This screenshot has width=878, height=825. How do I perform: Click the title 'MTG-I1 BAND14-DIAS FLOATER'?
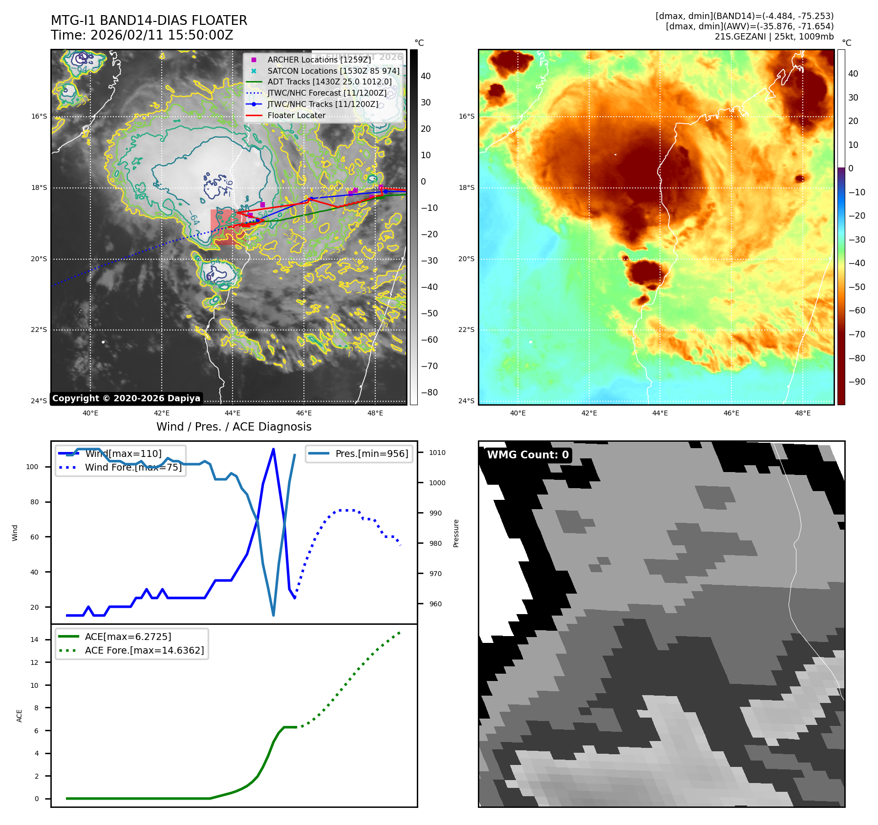pyautogui.click(x=149, y=21)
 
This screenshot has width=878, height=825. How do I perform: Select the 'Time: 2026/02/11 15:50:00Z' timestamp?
pyautogui.click(x=142, y=35)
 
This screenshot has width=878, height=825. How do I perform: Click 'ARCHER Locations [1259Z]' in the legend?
pyautogui.click(x=319, y=60)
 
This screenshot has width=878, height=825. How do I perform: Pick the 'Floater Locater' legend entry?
pyautogui.click(x=296, y=116)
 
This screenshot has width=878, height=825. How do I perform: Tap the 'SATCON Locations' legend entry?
pyautogui.click(x=333, y=71)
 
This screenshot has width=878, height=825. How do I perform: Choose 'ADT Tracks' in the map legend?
pyautogui.click(x=329, y=82)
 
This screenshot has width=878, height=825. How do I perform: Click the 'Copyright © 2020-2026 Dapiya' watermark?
pyautogui.click(x=126, y=398)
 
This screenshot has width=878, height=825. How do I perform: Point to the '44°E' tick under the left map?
pyautogui.click(x=233, y=413)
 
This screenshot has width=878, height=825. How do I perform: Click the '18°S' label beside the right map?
pyautogui.click(x=466, y=187)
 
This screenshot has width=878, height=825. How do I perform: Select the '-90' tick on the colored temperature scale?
pyautogui.click(x=857, y=382)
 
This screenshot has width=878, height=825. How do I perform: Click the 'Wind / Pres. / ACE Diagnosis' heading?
pyautogui.click(x=234, y=427)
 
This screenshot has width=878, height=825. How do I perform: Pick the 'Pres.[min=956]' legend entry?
pyautogui.click(x=371, y=454)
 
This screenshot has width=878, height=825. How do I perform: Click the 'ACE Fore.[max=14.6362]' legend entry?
pyautogui.click(x=144, y=650)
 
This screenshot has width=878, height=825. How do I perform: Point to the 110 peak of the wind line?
pyautogui.click(x=273, y=449)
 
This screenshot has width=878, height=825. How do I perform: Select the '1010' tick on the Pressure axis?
pyautogui.click(x=437, y=453)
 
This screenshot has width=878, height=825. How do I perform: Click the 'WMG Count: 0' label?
pyautogui.click(x=528, y=455)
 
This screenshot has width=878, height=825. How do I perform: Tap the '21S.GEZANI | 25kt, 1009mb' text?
pyautogui.click(x=774, y=37)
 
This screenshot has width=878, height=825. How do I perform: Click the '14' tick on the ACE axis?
pyautogui.click(x=35, y=639)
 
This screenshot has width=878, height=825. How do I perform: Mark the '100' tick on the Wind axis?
pyautogui.click(x=32, y=467)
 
